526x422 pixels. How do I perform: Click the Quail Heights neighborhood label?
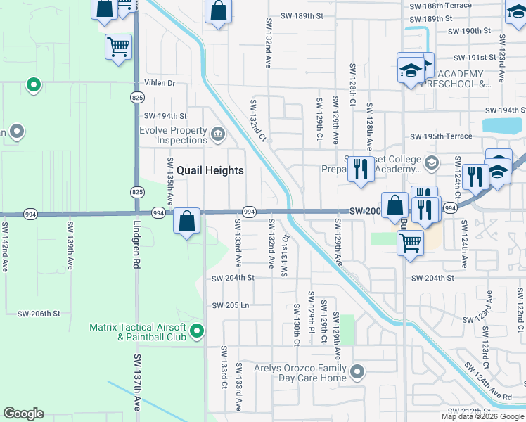click(210, 170)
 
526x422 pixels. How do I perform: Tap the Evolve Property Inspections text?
click(173, 135)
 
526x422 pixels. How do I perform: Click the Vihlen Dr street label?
click(160, 82)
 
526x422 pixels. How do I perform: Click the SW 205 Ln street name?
click(231, 305)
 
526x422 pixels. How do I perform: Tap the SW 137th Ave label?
click(136, 384)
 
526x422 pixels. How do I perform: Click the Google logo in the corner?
click(24, 414)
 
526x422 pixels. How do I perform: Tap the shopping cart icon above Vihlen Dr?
click(118, 48)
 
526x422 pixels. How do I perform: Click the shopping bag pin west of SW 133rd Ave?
click(187, 222)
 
